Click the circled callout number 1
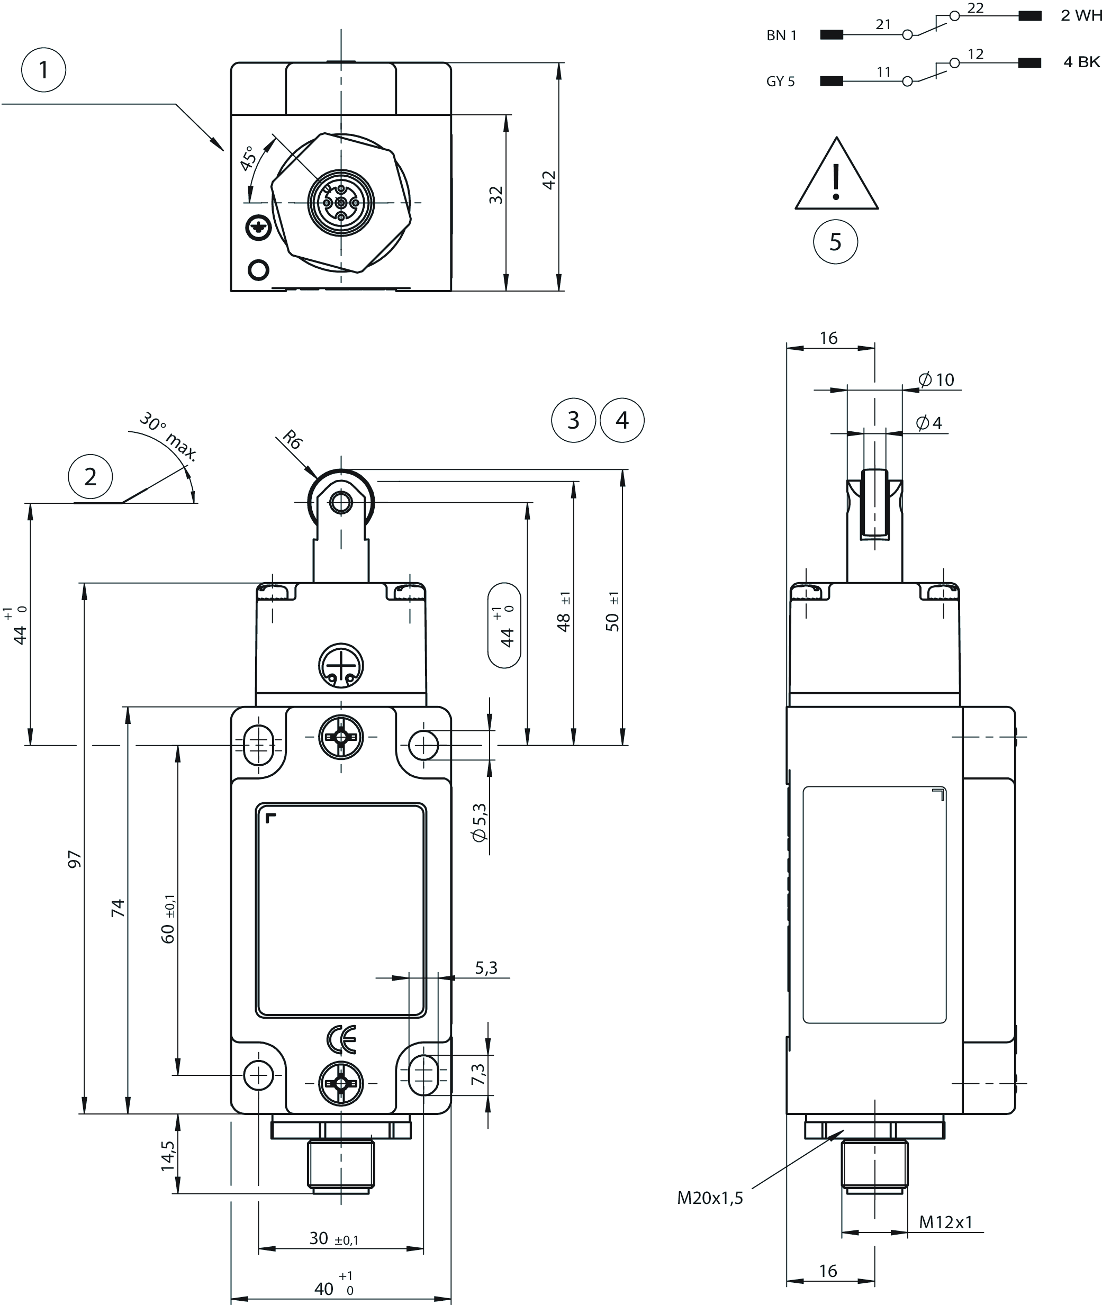coord(44,69)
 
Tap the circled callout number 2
coord(91,477)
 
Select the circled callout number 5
coord(835,242)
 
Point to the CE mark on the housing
coord(341,1039)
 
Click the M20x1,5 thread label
coord(710,1198)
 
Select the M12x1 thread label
coord(945,1222)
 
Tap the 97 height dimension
coord(74,859)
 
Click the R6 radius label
coord(292,439)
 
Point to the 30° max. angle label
coord(167,436)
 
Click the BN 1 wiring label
coord(782,35)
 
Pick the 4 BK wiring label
coord(1081,62)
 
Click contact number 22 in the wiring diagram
coord(974,8)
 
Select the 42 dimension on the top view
coord(548,180)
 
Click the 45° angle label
coord(248,158)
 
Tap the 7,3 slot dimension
coord(478,1074)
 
